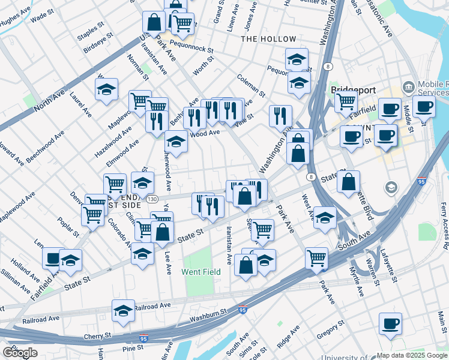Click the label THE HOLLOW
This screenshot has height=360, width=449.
(x=268, y=39)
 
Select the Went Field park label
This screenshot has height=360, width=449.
(x=201, y=272)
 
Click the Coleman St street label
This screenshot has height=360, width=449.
(x=251, y=85)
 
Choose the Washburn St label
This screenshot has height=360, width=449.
(x=206, y=313)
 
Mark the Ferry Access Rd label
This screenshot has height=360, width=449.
(x=444, y=226)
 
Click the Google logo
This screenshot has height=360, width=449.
(x=20, y=353)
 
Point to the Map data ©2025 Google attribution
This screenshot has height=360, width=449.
(x=412, y=355)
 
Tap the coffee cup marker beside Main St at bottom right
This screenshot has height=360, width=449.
(x=390, y=324)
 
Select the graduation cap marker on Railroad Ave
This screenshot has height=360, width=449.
(x=123, y=311)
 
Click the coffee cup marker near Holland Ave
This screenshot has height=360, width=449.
(x=53, y=258)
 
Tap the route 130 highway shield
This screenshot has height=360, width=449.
(x=153, y=199)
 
